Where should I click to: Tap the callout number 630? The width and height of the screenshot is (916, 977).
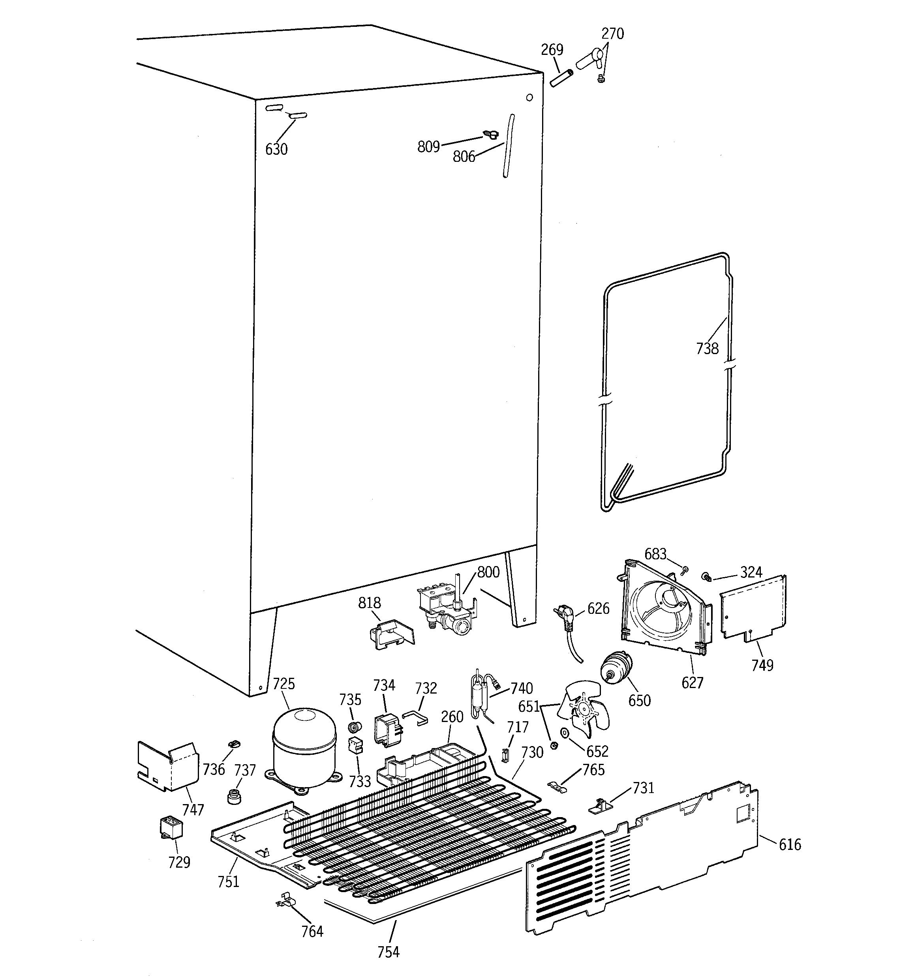coord(276,149)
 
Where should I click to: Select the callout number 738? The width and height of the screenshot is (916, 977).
coord(707,349)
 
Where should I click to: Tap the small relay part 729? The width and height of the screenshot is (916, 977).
coord(171,828)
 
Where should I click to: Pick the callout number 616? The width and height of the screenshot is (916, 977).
coord(790,844)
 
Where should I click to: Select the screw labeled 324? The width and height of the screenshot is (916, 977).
coord(706,576)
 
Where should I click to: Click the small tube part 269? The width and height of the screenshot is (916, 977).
coord(562,79)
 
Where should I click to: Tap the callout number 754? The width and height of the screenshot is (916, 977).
coord(389,952)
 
